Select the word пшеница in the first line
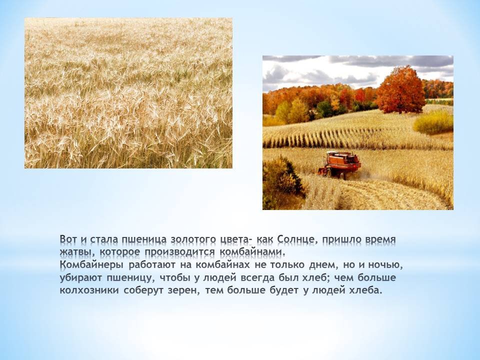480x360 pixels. click(x=144, y=239)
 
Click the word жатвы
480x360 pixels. click(x=78, y=252)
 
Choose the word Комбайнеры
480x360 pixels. click(x=92, y=265)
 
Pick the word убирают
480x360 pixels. click(x=81, y=278)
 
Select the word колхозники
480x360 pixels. click(x=89, y=290)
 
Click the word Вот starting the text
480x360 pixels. click(x=68, y=239)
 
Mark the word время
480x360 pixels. click(x=381, y=239)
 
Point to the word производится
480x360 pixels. click(x=180, y=252)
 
